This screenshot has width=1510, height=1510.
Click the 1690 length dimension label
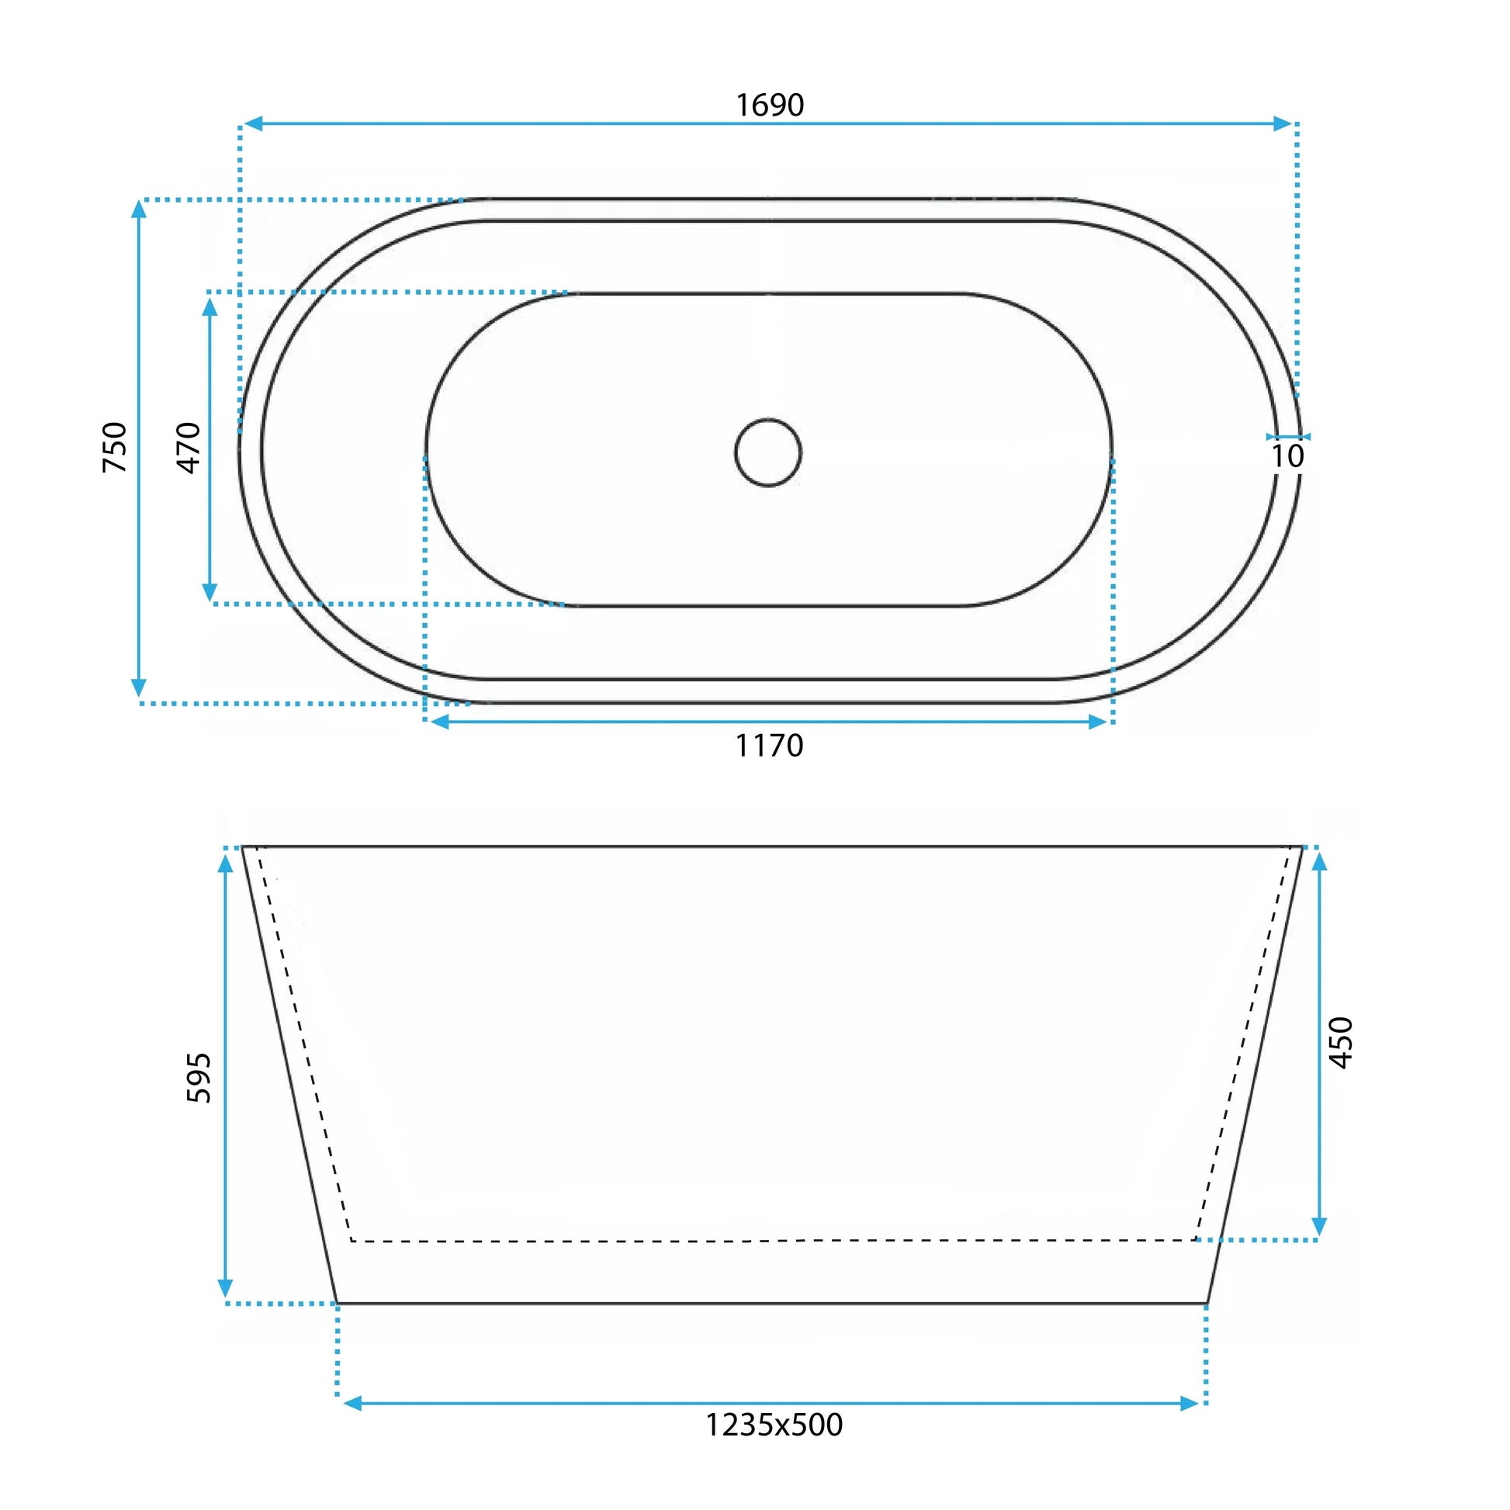pyautogui.click(x=770, y=105)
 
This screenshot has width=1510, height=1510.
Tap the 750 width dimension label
pyautogui.click(x=115, y=447)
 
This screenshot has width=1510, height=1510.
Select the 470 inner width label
pyautogui.click(x=189, y=448)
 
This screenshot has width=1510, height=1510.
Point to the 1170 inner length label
pyautogui.click(x=769, y=746)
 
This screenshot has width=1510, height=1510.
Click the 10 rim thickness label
pyautogui.click(x=1287, y=456)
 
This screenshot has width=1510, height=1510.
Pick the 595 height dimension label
pyautogui.click(x=199, y=1078)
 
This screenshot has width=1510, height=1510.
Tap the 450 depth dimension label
pyautogui.click(x=1340, y=1043)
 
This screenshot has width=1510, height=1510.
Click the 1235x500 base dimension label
pyautogui.click(x=774, y=1425)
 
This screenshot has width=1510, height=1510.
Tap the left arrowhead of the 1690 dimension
pyautogui.click(x=251, y=123)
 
